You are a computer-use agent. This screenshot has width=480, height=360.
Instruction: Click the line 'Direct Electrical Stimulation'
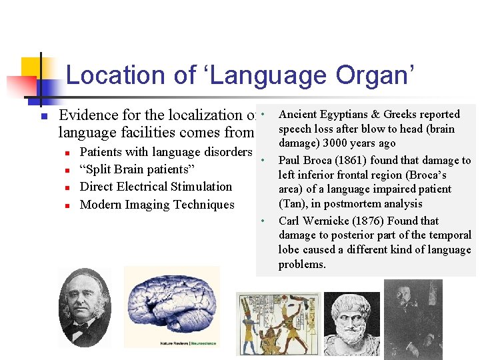155,187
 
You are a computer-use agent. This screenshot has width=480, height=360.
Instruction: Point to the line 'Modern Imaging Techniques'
157,205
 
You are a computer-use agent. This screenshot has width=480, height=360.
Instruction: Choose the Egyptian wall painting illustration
278,323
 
